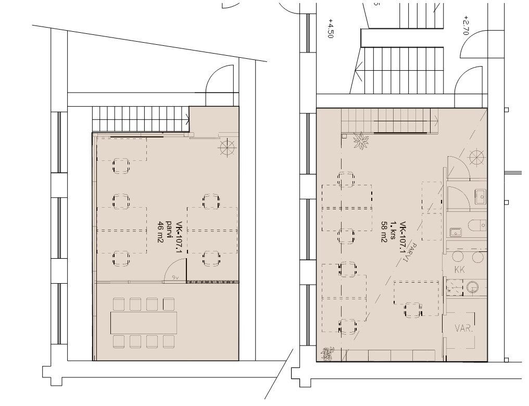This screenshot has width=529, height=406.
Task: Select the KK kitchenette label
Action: tap(460, 270)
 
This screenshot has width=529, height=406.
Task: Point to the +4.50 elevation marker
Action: tap(330, 28)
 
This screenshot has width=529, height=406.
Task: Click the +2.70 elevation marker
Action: tap(466, 25)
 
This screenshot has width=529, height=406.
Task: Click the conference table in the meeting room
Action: tap(144, 322)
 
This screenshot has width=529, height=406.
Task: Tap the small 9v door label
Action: tap(175, 277)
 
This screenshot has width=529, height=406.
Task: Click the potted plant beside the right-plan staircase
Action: tap(361, 141)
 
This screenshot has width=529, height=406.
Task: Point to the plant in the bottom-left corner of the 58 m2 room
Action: tap(326, 354)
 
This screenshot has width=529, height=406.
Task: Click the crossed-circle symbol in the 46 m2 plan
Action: tap(227, 147)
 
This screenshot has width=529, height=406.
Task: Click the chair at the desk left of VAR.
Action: tap(412, 310)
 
